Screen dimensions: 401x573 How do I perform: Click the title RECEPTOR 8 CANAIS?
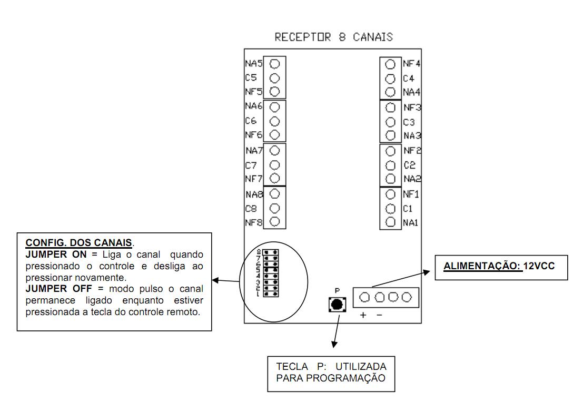pyautogui.click(x=333, y=37)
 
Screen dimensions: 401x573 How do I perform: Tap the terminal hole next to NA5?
pyautogui.click(x=274, y=64)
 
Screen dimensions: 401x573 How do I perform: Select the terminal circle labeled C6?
pyautogui.click(x=274, y=121)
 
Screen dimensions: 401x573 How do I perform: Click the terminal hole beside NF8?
pyautogui.click(x=274, y=222)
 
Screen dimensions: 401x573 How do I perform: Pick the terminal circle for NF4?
pyautogui.click(x=390, y=64)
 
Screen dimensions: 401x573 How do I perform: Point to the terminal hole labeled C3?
pyautogui.click(x=390, y=122)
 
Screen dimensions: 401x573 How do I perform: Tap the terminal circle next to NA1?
pyautogui.click(x=390, y=222)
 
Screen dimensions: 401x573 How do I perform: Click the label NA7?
pyautogui.click(x=253, y=151)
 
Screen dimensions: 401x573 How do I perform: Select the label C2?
pyautogui.click(x=409, y=165)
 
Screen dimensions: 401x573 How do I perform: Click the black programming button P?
pyautogui.click(x=337, y=304)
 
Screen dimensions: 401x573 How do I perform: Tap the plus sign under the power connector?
pyautogui.click(x=363, y=315)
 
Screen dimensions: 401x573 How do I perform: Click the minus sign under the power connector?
pyautogui.click(x=379, y=315)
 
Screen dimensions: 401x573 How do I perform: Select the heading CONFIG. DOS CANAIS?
pyautogui.click(x=78, y=243)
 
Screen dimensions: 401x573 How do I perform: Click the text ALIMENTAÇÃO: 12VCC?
pyautogui.click(x=498, y=267)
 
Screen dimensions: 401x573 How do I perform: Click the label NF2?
pyautogui.click(x=412, y=151)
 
